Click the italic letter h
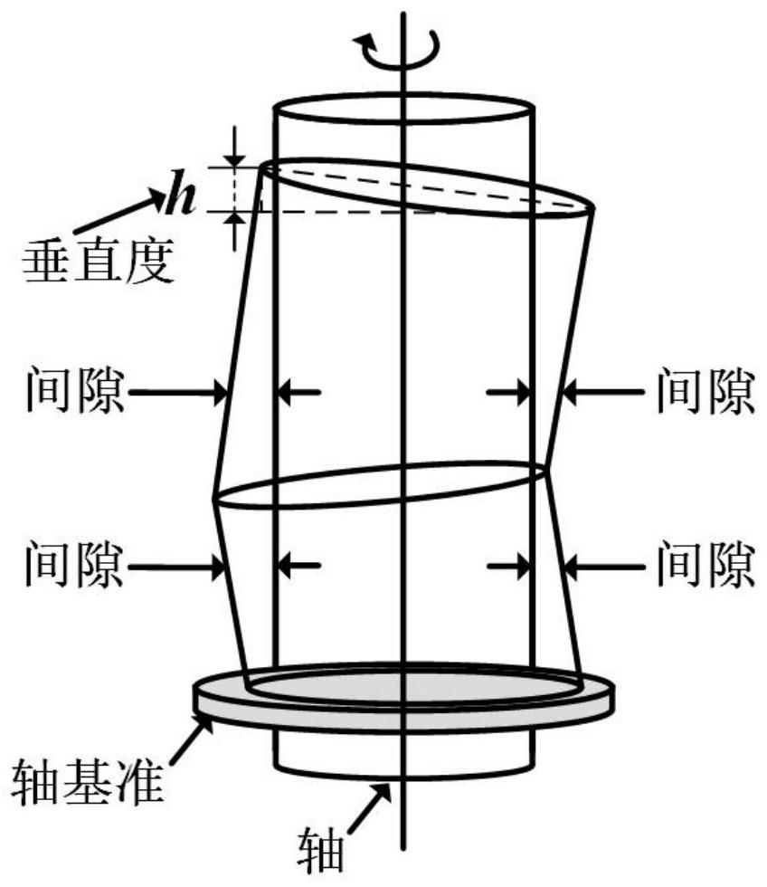(x=182, y=199)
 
